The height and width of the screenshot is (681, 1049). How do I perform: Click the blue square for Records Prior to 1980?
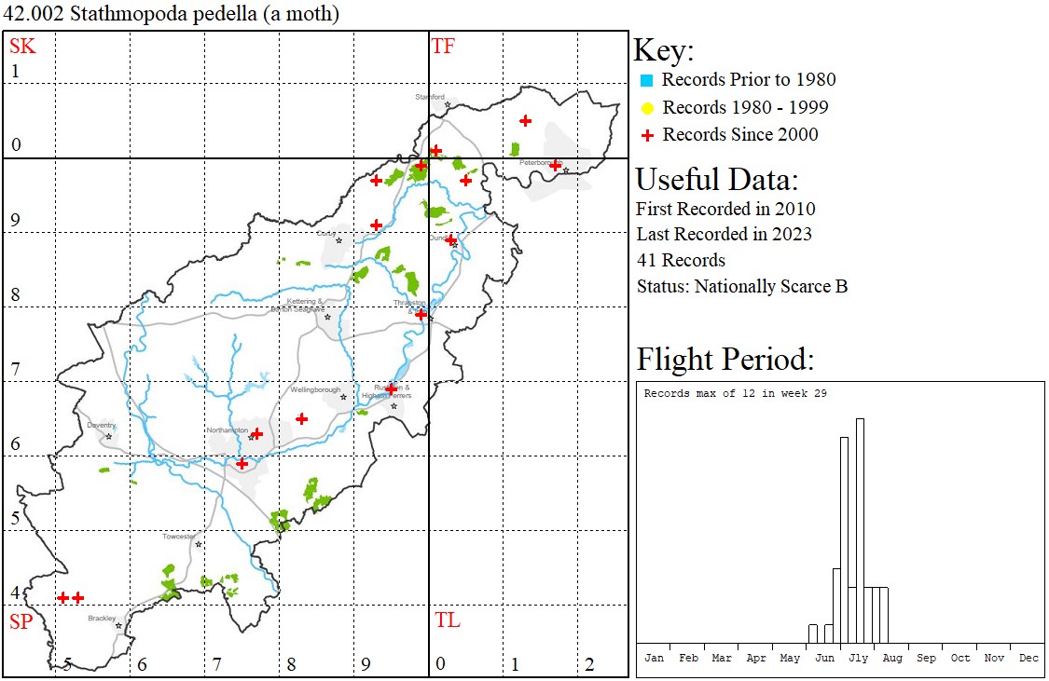point(646,80)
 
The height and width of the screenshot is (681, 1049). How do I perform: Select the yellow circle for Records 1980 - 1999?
point(646,108)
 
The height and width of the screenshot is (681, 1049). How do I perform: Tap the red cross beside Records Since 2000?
point(646,135)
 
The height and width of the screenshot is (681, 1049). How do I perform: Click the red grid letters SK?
point(22,47)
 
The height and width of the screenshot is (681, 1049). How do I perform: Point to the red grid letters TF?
point(443,47)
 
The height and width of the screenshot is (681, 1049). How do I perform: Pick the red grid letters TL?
point(447,620)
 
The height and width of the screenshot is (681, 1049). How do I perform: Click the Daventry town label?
point(101,426)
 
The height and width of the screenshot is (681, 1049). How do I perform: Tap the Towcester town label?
point(179,537)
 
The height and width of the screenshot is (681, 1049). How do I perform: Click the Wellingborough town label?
point(315,390)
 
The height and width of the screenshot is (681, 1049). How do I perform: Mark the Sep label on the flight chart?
point(926,658)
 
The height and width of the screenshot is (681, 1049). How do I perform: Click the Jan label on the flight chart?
point(655,658)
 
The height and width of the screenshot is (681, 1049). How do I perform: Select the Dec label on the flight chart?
point(1028,658)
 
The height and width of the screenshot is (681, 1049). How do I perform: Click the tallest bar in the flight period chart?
point(860,531)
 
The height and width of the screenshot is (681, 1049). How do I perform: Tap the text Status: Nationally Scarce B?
point(741,287)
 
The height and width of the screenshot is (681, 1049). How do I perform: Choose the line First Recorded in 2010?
point(725,209)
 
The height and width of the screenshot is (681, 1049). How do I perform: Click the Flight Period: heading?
point(725,360)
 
